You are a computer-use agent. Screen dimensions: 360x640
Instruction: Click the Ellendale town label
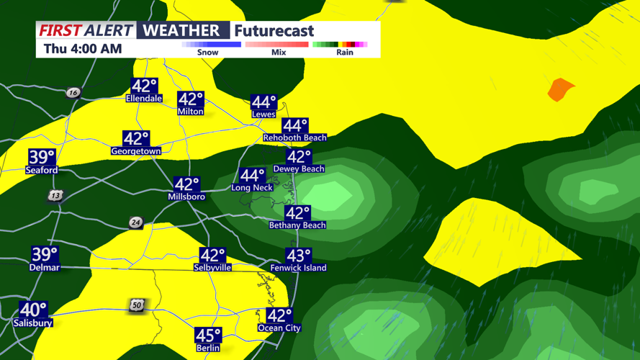144,99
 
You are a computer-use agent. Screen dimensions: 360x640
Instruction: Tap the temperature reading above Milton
191,99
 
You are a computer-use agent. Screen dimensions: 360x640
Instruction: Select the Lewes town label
263,114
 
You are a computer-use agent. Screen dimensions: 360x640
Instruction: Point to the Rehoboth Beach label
294,138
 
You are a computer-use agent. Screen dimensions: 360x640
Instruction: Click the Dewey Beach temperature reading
299,157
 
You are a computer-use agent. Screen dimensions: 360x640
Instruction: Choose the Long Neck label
252,188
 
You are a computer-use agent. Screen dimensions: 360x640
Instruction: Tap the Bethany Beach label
297,225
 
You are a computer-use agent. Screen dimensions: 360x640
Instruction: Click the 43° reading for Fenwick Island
299,256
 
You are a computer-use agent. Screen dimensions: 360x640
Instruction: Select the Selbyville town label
212,268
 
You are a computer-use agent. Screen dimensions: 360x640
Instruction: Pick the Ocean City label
279,328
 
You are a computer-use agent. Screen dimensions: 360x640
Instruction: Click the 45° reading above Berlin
208,336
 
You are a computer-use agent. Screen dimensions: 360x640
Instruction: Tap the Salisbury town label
32,323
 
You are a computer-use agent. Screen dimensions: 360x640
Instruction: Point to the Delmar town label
44,268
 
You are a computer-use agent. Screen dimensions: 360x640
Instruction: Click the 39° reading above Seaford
42,157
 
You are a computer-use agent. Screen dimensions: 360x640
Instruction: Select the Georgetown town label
135,151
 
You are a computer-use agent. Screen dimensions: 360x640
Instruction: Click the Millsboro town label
186,197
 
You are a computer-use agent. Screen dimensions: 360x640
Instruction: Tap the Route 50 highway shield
137,305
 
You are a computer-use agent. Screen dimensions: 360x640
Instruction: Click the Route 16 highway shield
73,93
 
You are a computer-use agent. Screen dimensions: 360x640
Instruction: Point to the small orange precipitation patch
561,90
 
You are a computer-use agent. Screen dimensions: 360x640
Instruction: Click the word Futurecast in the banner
274,31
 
